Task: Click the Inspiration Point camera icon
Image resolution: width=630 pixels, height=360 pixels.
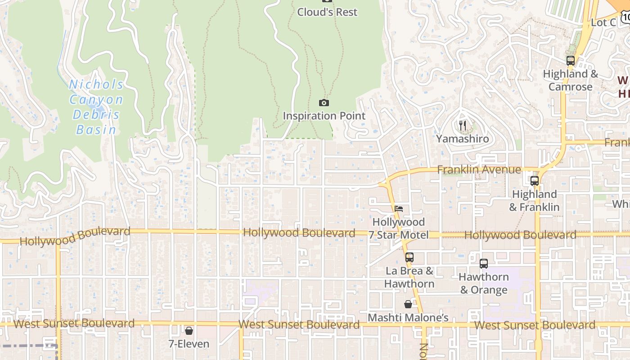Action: (324, 103)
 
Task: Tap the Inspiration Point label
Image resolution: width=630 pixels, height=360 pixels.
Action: (324, 116)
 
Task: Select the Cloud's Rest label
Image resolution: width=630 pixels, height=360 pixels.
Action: (327, 12)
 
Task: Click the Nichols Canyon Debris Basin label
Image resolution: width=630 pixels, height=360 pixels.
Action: (96, 107)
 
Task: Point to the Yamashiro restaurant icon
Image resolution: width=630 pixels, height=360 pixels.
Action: (462, 125)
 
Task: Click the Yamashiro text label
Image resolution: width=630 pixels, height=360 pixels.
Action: (462, 139)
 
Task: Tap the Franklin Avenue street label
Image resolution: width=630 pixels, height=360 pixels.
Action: (479, 170)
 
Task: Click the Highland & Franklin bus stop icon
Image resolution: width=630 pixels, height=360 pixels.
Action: (534, 181)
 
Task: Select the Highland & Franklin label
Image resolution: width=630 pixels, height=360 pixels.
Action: (534, 201)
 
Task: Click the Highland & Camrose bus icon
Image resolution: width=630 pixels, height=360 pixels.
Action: (570, 60)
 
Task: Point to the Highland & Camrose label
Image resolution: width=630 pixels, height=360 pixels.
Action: (570, 80)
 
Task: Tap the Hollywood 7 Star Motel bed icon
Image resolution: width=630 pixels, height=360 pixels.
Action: (399, 209)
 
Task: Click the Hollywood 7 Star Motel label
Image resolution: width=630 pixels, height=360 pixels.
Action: (399, 229)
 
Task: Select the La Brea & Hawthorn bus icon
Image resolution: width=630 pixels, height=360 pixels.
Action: (409, 257)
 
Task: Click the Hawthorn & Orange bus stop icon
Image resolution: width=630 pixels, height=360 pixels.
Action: (483, 264)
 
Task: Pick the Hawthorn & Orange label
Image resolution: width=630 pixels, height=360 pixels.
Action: (483, 283)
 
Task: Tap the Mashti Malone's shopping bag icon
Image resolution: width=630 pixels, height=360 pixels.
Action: (408, 305)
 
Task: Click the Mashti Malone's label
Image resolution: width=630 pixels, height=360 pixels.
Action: (408, 318)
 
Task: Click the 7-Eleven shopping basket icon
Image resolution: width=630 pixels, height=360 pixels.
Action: (189, 331)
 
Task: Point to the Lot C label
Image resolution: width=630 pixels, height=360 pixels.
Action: (603, 22)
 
